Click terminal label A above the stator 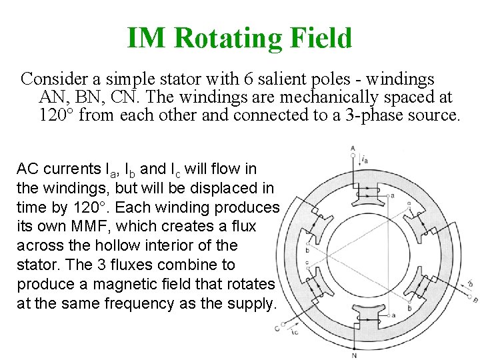(x=352, y=148)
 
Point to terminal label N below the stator (x=353, y=355)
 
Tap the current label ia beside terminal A (x=365, y=160)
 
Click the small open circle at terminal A (x=353, y=155)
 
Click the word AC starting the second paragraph (x=27, y=169)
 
